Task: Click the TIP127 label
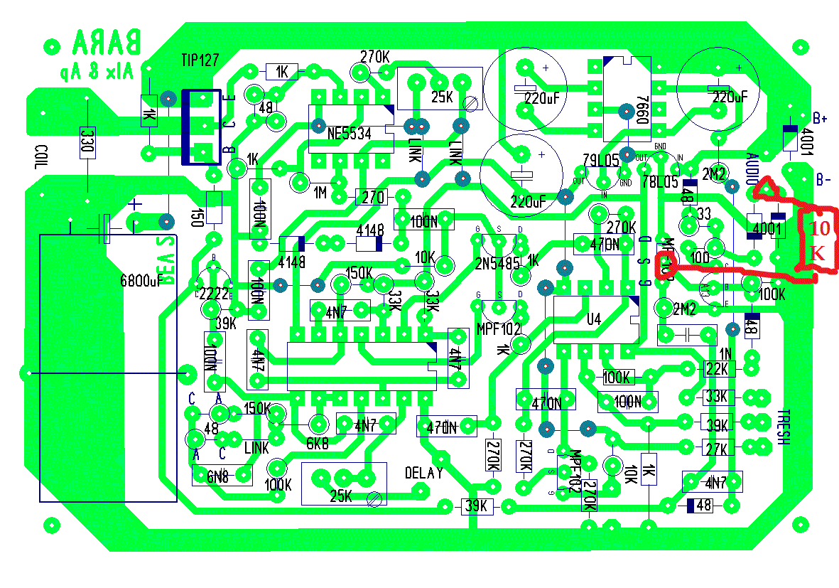click(x=200, y=60)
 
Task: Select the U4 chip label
click(x=594, y=320)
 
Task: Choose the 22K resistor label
click(x=716, y=368)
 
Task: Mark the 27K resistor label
click(x=716, y=449)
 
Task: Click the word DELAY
click(x=424, y=473)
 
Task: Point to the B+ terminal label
click(x=820, y=118)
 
